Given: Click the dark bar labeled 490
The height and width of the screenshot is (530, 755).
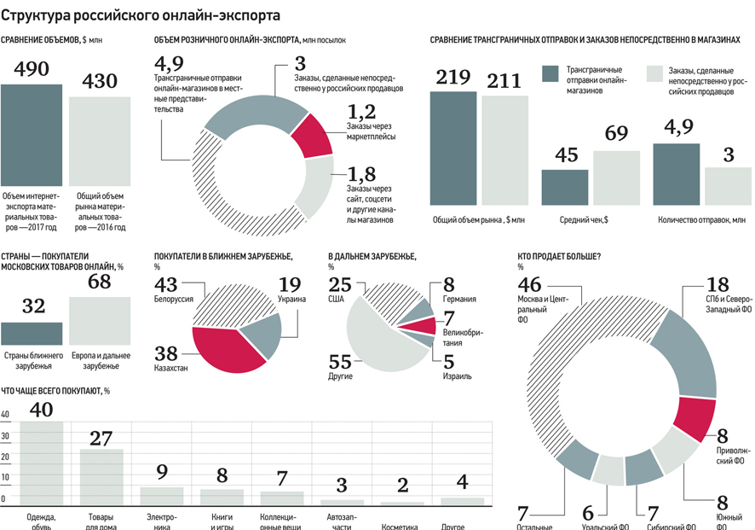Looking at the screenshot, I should (31, 137).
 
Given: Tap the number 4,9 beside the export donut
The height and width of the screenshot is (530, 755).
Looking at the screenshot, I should (169, 65).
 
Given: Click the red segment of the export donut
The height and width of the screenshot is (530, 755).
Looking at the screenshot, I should (313, 135).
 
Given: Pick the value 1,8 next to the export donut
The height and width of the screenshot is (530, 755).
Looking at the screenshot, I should (361, 175).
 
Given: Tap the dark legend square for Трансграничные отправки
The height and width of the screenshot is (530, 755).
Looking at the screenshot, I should (550, 74).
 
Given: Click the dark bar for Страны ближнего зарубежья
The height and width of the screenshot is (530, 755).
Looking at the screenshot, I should (32, 334).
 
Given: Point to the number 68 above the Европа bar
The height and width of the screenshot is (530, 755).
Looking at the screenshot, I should (100, 281).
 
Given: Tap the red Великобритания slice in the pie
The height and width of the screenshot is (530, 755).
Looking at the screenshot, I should (418, 325).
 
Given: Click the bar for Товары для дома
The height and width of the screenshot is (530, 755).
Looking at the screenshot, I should (101, 478).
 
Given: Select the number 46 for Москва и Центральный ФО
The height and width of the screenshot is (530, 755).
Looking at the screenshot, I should (529, 284).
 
